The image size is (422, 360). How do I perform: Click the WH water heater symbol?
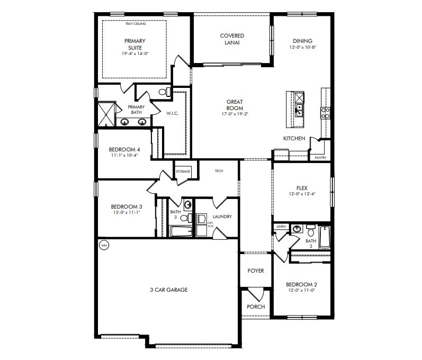tap(104, 246)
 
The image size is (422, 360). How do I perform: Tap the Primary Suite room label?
tap(135, 44)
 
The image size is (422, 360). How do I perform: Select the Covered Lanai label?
tap(232, 39)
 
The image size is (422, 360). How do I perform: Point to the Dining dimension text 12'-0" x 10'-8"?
tap(302, 48)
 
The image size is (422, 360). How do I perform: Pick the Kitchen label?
tap(294, 138)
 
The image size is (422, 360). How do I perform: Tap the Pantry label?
tap(320, 157)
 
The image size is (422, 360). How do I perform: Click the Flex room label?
tap(302, 187)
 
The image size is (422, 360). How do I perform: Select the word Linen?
tap(281, 227)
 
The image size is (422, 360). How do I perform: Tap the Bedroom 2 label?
tap(301, 284)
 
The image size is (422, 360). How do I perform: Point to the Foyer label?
tap(256, 271)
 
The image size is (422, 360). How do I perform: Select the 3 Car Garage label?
tap(169, 290)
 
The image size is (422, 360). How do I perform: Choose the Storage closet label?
tap(183, 172)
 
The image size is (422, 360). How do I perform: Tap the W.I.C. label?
tap(173, 113)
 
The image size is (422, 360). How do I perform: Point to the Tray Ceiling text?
tap(136, 24)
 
